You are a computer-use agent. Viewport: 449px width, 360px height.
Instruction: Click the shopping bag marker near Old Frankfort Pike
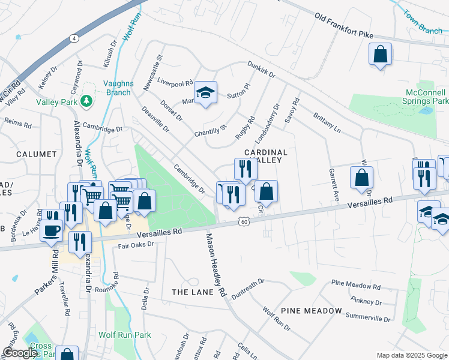pyautogui.click(x=381, y=55)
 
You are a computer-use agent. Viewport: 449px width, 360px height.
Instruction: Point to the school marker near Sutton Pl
pyautogui.click(x=206, y=93)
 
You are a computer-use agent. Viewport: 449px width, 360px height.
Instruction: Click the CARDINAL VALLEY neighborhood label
pyautogui.click(x=266, y=157)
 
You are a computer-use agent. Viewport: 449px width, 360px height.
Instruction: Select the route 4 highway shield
pyautogui.click(x=74, y=38)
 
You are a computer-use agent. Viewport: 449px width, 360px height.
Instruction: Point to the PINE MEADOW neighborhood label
pyautogui.click(x=311, y=311)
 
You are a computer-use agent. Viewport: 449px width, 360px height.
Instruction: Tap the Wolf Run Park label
pyautogui.click(x=125, y=335)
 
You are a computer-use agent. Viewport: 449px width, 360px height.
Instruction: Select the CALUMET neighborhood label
pyautogui.click(x=37, y=154)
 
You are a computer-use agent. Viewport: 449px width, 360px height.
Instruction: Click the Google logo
pyautogui.click(x=20, y=353)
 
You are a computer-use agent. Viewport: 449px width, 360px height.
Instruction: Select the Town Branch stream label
pyautogui.click(x=423, y=22)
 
